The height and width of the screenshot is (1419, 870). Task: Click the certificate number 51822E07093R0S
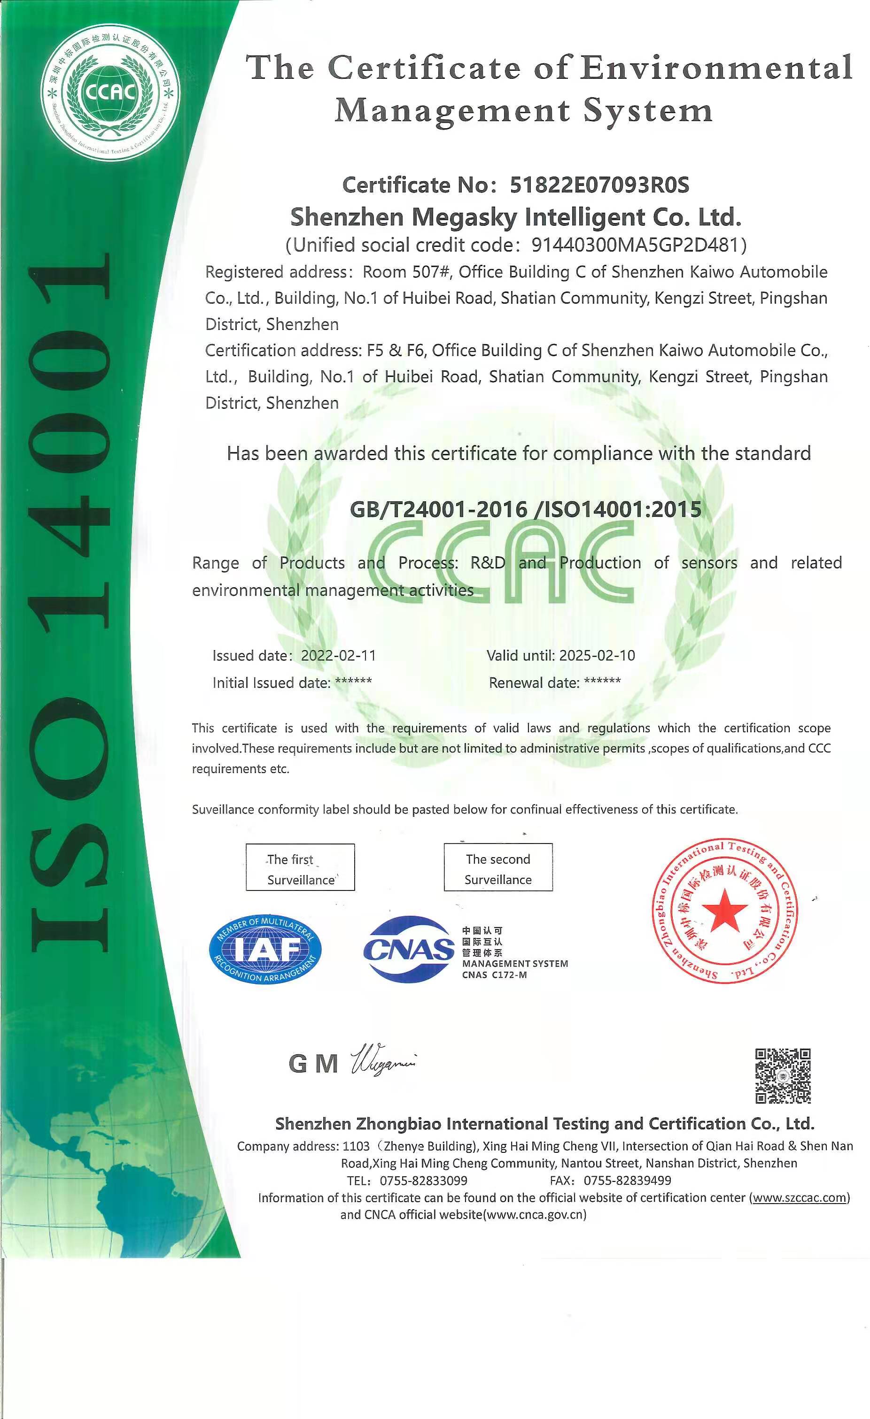[x=599, y=185]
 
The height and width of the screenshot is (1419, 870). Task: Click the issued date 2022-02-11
[x=338, y=655]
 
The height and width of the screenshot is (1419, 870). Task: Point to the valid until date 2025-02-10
[x=597, y=655]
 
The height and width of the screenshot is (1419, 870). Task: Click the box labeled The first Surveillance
[x=300, y=867]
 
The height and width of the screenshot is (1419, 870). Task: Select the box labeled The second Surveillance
[x=498, y=867]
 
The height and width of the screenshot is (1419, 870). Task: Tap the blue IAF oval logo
[x=265, y=949]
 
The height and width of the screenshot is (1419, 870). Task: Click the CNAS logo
[x=409, y=949]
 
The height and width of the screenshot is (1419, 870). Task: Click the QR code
[x=783, y=1076]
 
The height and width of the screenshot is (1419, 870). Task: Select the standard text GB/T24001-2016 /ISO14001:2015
[x=526, y=509]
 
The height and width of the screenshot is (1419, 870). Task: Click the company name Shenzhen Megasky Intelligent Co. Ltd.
[x=516, y=217]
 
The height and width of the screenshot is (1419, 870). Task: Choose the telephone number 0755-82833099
[x=423, y=1181]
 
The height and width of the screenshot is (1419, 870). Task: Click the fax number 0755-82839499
[x=628, y=1181]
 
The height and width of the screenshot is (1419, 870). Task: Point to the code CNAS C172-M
[x=494, y=975]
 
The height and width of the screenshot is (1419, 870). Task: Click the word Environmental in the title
[x=715, y=68]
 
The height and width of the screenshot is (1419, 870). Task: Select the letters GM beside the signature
[x=313, y=1064]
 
